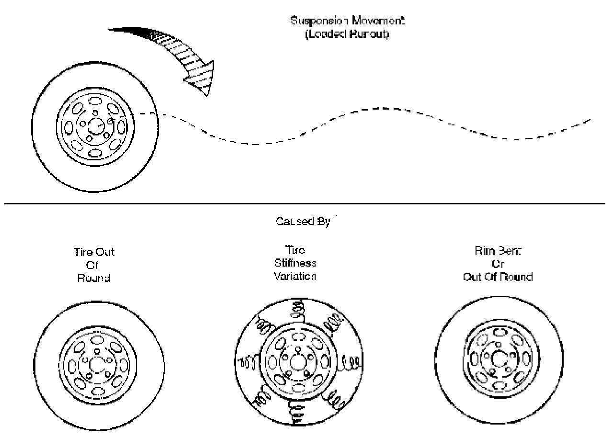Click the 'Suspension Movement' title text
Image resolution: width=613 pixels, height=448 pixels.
(x=339, y=22)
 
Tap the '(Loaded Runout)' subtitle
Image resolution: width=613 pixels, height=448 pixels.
(x=340, y=34)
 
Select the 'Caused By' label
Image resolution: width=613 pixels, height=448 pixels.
(x=303, y=223)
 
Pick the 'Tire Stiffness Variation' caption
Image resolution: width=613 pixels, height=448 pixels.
(x=295, y=263)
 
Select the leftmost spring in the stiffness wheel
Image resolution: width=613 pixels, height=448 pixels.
(x=247, y=362)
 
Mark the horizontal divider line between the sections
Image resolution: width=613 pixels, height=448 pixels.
(x=306, y=204)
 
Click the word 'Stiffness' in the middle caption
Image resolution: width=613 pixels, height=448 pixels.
(x=295, y=263)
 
